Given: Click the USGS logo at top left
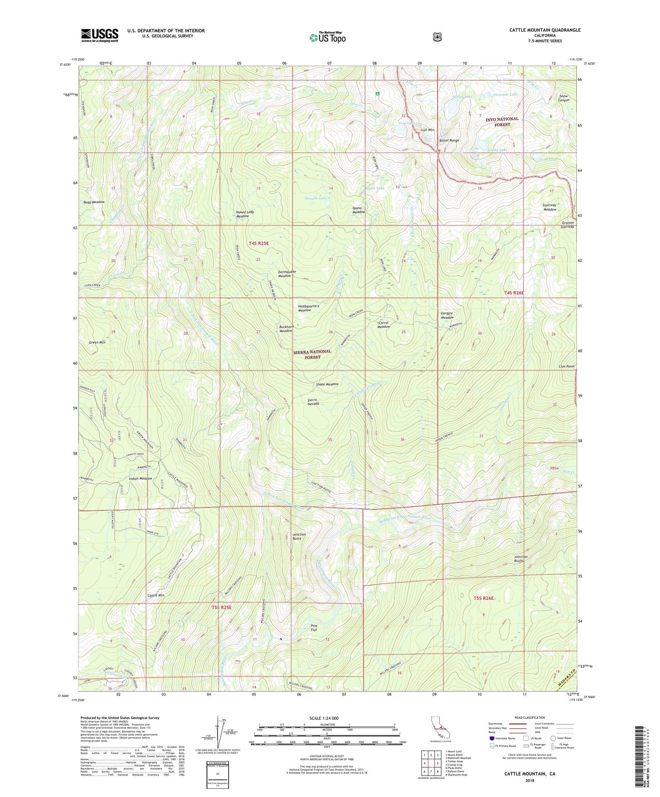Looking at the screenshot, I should tap(100, 35).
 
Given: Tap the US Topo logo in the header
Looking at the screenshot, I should tap(327, 38).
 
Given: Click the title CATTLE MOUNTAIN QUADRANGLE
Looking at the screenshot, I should tap(545, 30).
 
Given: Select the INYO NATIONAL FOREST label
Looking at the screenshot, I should tap(502, 121).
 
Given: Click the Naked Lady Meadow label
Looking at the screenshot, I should tap(245, 214).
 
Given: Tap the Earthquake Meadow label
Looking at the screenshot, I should tap(287, 274).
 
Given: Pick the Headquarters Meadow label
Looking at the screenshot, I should tap(308, 308).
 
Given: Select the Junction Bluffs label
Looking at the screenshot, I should tap(521, 559).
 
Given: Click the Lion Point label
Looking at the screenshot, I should tap(566, 367).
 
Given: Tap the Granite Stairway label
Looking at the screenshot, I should tap(568, 225).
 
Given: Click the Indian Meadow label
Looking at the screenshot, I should tap(140, 478).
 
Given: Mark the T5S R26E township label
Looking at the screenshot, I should tap(484, 598).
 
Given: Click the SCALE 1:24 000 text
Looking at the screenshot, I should tap(324, 718).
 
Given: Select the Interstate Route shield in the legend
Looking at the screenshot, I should tap(491, 738).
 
